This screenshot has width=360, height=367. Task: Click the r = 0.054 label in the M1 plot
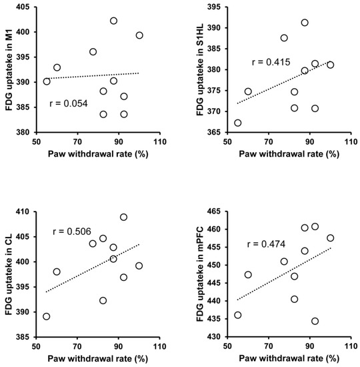click(x=69, y=105)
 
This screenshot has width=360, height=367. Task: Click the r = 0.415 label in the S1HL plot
click(x=272, y=62)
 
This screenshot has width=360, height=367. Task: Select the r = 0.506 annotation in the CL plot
click(x=72, y=232)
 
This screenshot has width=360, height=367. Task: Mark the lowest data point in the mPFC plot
click(x=315, y=321)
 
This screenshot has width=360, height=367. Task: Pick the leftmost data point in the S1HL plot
click(x=238, y=123)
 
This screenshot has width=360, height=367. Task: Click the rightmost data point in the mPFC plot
click(x=330, y=238)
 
